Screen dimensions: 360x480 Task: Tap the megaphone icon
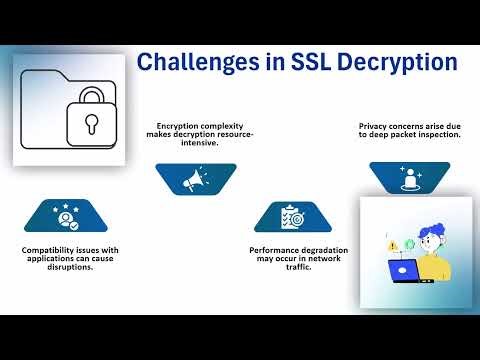click(194, 179)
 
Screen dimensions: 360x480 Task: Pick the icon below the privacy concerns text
click(409, 179)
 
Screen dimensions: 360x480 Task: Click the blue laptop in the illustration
click(403, 269)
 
